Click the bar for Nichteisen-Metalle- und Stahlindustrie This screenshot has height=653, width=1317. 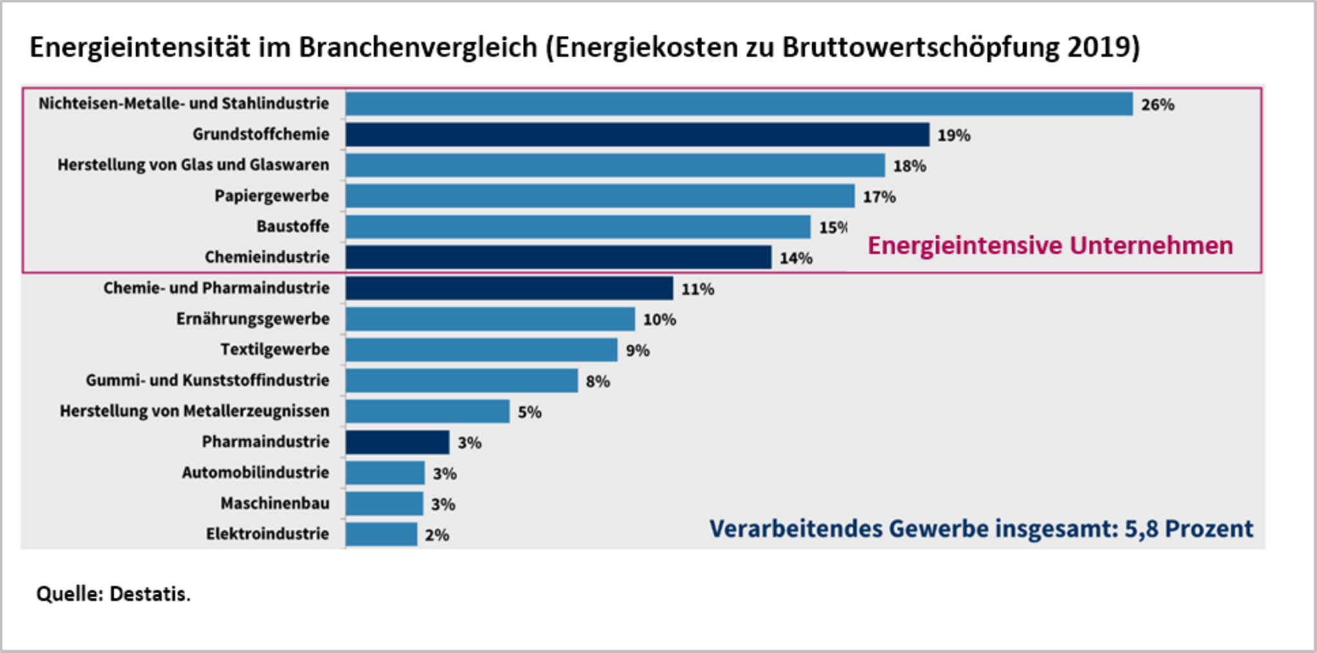point(738,104)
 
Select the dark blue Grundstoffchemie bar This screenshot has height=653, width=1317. point(637,134)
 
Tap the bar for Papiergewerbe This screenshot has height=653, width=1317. point(599,196)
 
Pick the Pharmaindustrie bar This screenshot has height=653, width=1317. point(397,442)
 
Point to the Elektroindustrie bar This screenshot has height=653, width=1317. point(381,534)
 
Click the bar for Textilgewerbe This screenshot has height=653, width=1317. point(481,350)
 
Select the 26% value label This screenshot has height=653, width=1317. point(1158,104)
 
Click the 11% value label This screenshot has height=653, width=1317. point(698,289)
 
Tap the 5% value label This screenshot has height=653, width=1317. point(530,412)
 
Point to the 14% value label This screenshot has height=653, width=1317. point(796,258)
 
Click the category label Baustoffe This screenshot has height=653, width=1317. point(293,226)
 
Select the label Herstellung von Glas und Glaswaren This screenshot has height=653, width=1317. point(193,165)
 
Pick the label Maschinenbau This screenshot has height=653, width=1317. point(275,503)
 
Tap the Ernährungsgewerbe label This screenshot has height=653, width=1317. point(253,319)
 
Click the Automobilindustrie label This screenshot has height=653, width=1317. point(255,472)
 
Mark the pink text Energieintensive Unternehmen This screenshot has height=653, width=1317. point(1049,245)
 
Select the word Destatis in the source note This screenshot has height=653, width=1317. point(150,593)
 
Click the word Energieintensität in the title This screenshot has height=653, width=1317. point(140,47)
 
